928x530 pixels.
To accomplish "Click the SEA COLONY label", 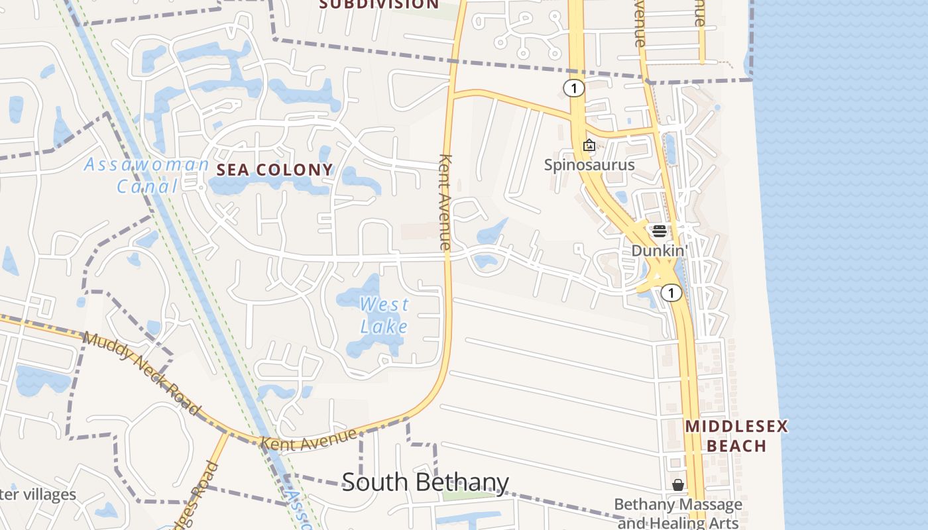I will pos(274,170).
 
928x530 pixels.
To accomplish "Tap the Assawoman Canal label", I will pos(146,176).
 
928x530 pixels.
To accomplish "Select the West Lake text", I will pos(384,315).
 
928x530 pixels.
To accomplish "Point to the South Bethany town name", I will pos(425,482).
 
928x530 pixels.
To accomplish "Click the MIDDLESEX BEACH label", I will pos(736,435).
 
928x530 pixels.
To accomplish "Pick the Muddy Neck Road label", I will pos(141,374).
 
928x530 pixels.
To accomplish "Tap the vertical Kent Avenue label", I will pos(445,202).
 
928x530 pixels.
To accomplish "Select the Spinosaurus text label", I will pos(589,165).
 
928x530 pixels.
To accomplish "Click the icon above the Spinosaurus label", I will pos(589,145).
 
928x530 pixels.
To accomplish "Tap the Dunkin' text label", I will pos(660,251).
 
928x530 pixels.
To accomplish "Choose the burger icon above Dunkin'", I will pos(659,231).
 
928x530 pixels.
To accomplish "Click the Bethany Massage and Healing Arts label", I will pos(678,513).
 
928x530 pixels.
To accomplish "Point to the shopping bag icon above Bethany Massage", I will pos(678,486).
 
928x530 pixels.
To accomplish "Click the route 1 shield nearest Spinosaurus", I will pos(574,87).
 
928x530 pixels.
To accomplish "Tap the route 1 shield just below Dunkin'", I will pos(671,293).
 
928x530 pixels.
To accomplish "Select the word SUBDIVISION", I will pos(379,4).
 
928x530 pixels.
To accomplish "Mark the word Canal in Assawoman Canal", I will pos(148,186).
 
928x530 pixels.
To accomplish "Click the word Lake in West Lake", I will pos(384,326).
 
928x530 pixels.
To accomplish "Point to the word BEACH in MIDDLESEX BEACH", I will pos(736,445).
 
